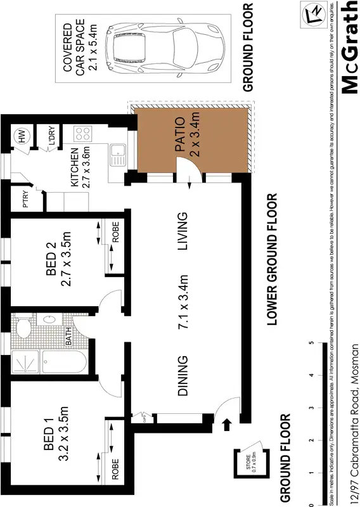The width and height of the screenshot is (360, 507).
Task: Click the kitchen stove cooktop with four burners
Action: point(82,134)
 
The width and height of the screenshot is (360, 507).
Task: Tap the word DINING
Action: point(183,375)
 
